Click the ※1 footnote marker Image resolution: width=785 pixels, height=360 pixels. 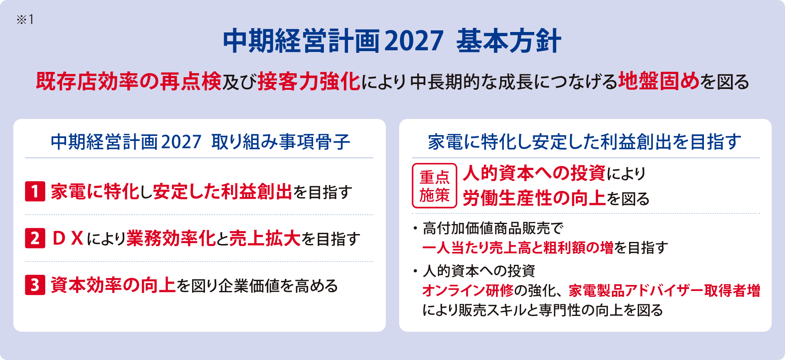click(x=25, y=20)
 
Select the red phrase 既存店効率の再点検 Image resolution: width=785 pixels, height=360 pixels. click(x=128, y=81)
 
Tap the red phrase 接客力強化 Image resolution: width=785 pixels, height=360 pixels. click(x=309, y=81)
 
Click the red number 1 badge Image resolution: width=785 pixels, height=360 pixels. click(x=35, y=192)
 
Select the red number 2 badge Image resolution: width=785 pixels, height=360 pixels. click(x=35, y=239)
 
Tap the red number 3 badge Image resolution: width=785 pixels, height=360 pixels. click(x=35, y=285)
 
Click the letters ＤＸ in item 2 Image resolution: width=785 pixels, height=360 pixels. click(x=69, y=239)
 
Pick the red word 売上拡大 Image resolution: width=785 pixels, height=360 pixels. click(x=265, y=239)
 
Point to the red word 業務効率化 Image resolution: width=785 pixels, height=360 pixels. click(x=171, y=239)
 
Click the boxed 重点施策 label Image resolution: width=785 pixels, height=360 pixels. click(x=434, y=186)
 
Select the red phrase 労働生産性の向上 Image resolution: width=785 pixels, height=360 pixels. click(x=534, y=198)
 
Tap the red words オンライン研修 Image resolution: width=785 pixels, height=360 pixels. click(x=468, y=290)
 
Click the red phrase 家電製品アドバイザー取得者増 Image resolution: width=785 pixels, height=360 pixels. click(x=664, y=290)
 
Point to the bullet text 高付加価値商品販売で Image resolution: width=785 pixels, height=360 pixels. click(x=493, y=228)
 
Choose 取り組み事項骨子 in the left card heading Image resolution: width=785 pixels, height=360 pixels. click(x=281, y=142)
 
